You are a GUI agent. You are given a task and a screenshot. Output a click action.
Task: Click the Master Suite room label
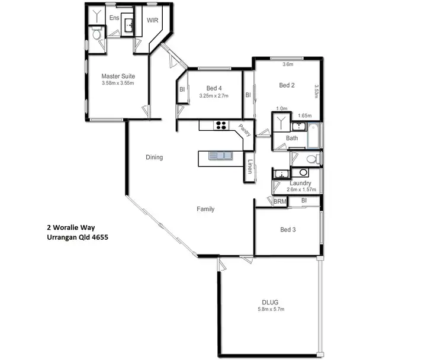tap(118, 76)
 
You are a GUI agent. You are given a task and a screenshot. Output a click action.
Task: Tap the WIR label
tap(152, 20)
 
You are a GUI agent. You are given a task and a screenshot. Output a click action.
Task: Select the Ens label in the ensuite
tap(114, 18)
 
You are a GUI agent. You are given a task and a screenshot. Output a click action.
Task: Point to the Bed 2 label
tap(287, 85)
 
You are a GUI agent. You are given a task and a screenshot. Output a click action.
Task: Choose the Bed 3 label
tap(287, 230)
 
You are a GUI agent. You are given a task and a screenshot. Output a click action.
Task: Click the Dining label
tap(154, 157)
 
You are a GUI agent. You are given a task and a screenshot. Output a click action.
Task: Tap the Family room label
tap(205, 209)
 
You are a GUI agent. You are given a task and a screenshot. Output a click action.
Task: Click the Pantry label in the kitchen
tap(244, 130)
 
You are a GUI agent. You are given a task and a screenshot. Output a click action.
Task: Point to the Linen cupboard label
tap(251, 167)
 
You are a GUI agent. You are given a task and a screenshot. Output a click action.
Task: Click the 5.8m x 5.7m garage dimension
tap(271, 309)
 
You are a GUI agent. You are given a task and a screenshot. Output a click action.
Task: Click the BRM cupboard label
tap(279, 201)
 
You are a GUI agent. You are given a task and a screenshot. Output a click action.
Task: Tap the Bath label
tap(292, 139)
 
